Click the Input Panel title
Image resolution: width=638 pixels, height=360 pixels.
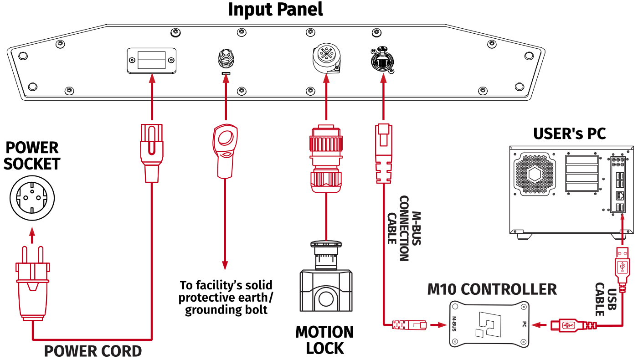(x=275, y=10)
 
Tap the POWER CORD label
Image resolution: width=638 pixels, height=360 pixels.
(x=93, y=351)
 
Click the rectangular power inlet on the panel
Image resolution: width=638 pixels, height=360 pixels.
(x=151, y=60)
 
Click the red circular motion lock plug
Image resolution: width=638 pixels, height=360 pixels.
(x=325, y=157)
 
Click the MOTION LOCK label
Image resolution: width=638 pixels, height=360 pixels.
(x=324, y=340)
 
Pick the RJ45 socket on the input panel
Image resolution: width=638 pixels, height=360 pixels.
(x=382, y=60)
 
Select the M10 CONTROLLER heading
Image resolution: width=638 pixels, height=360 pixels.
(x=492, y=289)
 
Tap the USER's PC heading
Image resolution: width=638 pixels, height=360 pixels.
(x=570, y=134)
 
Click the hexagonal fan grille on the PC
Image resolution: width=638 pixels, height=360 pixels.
(x=535, y=174)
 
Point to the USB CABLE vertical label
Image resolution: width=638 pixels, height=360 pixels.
(x=606, y=299)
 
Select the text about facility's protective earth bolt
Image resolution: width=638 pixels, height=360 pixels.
(x=226, y=298)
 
